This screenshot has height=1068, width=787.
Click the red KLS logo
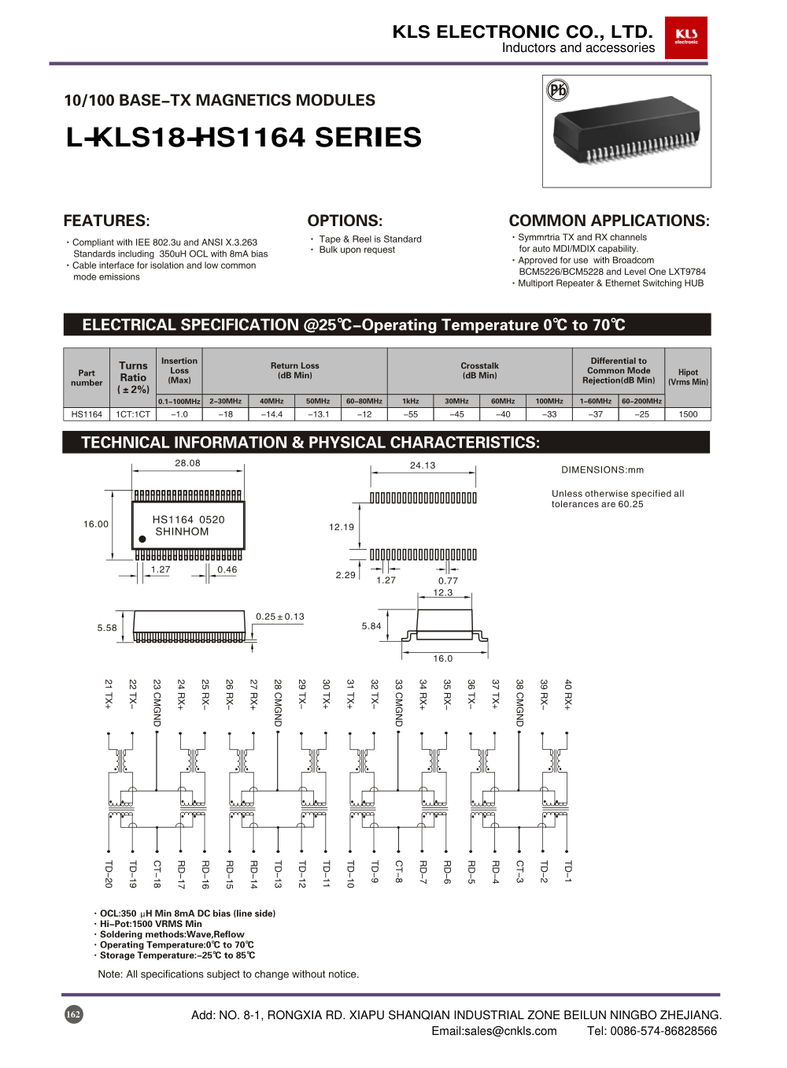pyautogui.click(x=685, y=37)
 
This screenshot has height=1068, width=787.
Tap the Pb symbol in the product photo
pyautogui.click(x=557, y=91)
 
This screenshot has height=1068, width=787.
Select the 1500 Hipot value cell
pyautogui.click(x=688, y=414)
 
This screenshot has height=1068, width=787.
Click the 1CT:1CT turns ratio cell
pyautogui.click(x=133, y=414)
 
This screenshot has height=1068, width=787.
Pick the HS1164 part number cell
pyautogui.click(x=87, y=414)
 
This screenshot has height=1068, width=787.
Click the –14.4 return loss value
pyautogui.click(x=272, y=414)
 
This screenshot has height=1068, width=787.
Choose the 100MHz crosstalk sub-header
pyautogui.click(x=549, y=401)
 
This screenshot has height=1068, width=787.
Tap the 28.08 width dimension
pyautogui.click(x=187, y=463)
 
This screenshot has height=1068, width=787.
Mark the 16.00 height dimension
pyautogui.click(x=96, y=524)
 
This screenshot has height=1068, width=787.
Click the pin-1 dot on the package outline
pyautogui.click(x=142, y=540)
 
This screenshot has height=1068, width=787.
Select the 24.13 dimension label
pyautogui.click(x=423, y=465)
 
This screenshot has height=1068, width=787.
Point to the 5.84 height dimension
pyautogui.click(x=371, y=626)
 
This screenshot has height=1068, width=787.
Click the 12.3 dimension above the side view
pyautogui.click(x=443, y=592)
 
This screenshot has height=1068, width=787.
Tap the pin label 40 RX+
pyautogui.click(x=567, y=694)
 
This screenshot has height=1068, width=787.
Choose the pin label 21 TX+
pyautogui.click(x=109, y=694)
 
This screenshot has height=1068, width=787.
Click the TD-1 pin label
pyautogui.click(x=567, y=871)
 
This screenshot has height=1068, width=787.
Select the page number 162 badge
pyautogui.click(x=73, y=1014)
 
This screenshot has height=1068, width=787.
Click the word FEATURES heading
pyautogui.click(x=106, y=221)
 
